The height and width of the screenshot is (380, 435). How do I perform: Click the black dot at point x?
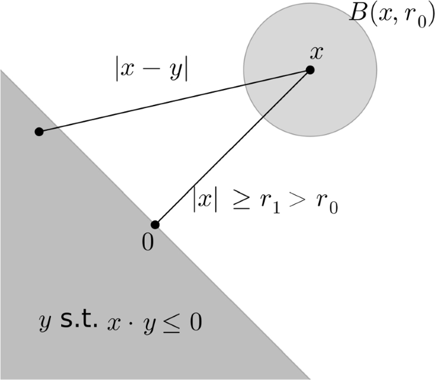tap(310, 70)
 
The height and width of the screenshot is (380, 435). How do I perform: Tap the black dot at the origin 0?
tap(154, 224)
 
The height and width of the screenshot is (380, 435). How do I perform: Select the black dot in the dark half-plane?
tap(39, 132)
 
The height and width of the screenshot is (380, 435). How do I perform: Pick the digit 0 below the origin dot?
tap(147, 244)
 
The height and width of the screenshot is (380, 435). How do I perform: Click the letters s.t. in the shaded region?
tap(79, 322)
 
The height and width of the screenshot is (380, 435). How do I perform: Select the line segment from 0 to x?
tap(232, 147)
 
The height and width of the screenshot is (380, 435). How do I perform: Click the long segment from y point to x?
tap(175, 100)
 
